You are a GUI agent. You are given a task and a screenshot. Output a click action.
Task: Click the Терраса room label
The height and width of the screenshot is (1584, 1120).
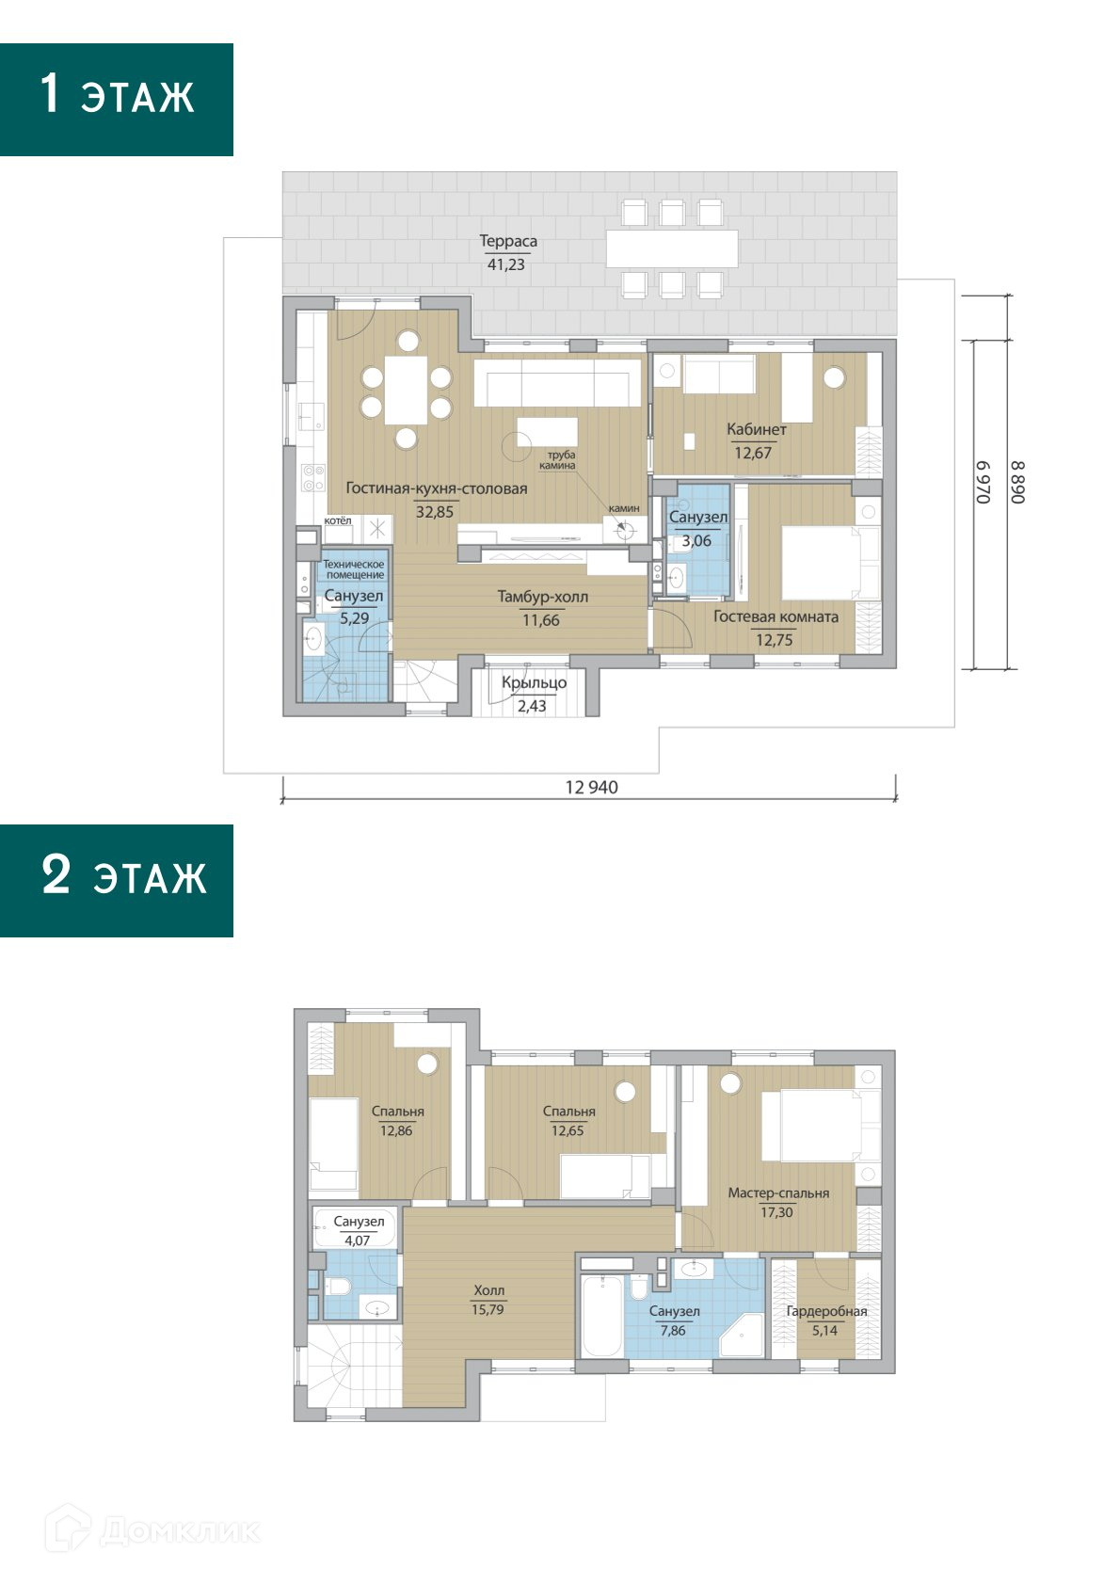pos(507,241)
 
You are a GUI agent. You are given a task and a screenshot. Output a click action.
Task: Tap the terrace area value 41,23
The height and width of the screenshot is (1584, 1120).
pos(506,264)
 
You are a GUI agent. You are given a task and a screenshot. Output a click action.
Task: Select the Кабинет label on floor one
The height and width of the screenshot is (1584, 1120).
pos(756,429)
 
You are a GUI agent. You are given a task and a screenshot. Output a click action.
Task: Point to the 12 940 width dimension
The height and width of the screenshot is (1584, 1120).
pos(591,787)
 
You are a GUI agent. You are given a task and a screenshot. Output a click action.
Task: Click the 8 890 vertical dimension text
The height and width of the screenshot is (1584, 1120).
pos(1016,482)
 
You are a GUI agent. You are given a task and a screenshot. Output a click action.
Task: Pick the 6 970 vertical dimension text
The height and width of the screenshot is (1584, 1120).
pos(983,482)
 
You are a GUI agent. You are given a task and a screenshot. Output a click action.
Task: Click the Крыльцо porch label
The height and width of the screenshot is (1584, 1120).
pos(534,683)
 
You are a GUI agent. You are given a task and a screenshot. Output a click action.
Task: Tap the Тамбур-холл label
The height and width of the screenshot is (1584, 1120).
pos(542,597)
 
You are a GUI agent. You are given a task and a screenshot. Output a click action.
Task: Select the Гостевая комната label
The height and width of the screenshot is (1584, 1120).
pos(776,616)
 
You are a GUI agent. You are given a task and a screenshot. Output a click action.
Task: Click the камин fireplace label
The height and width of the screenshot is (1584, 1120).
pos(624,507)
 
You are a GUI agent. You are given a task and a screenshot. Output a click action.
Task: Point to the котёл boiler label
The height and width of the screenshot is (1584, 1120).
pos(337,520)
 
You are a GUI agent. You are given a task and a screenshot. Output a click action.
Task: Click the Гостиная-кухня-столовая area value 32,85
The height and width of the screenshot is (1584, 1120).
pos(434,512)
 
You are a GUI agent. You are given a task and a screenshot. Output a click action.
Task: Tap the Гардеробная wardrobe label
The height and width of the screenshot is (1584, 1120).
pos(826,1311)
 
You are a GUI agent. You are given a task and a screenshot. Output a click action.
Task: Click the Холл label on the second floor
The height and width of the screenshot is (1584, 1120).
pos(488,1290)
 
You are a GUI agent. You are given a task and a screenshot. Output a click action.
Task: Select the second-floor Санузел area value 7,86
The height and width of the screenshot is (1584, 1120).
pos(673,1330)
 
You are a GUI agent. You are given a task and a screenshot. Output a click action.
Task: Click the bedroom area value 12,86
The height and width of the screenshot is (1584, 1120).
pos(396,1130)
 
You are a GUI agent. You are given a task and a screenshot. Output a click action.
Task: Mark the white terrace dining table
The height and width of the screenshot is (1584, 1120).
pos(672,248)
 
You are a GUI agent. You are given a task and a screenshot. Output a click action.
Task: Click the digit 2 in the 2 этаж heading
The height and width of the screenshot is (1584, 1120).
pos(56,874)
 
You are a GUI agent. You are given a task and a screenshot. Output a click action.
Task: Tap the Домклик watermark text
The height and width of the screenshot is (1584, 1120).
pos(180,1531)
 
